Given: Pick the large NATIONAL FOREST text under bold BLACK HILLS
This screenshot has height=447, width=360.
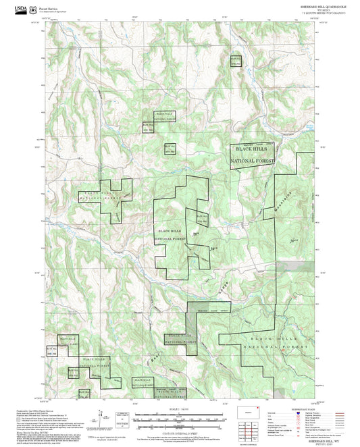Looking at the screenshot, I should click(x=252, y=162).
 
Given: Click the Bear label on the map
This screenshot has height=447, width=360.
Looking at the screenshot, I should click(x=153, y=363).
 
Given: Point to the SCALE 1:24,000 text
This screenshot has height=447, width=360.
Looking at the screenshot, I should click(x=180, y=410).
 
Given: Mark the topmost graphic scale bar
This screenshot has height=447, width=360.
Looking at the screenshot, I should click(x=180, y=415).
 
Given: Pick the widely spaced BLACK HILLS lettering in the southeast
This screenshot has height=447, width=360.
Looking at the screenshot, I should click(x=273, y=338).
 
